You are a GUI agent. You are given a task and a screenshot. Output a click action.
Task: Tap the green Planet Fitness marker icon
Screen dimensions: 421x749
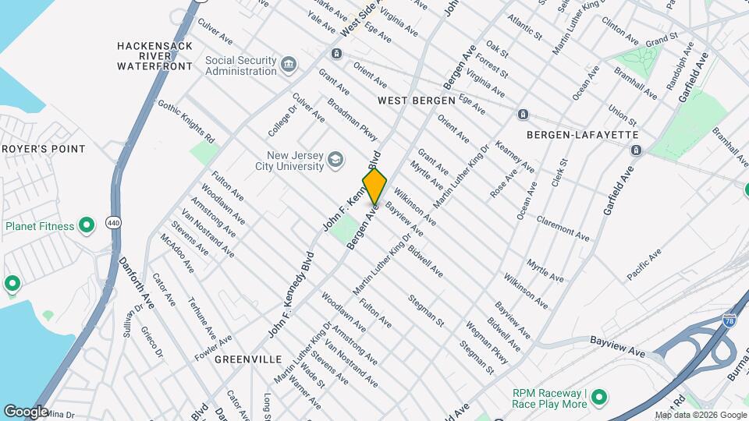pos(87,226)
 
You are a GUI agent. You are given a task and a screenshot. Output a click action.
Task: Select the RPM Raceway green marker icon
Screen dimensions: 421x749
pos(599,398)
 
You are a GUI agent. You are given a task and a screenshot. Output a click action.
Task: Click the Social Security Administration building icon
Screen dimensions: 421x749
pos(289,64)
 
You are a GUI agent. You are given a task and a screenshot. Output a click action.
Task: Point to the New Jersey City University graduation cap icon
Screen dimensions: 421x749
pos(335,160)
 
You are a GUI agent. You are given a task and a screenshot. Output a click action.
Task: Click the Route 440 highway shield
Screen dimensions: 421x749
pos(114,223)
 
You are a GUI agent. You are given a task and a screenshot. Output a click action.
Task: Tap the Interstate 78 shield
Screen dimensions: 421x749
pos(729,320)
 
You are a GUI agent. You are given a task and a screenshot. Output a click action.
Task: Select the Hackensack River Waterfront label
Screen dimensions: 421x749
pos(154,56)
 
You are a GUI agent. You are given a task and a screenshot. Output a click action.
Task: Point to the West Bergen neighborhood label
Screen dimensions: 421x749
pos(416,101)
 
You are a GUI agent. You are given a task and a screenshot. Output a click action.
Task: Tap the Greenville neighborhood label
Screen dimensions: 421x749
pos(248,359)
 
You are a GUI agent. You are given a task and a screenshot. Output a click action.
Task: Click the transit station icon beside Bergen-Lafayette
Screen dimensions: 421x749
pos(635,150)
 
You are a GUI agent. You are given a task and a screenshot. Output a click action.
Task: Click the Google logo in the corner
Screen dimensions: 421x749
pos(26,411)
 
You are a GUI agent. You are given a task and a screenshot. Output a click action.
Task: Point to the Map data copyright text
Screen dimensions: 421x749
pos(700,415)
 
